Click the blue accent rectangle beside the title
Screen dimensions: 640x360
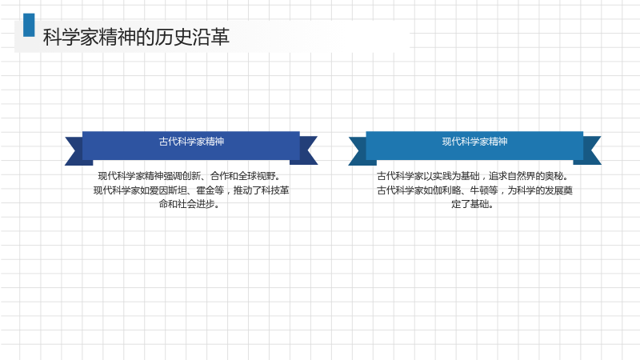click(29, 25)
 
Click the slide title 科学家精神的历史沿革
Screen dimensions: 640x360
click(136, 37)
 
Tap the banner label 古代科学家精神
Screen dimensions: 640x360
click(191, 142)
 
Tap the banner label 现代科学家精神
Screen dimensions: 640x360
click(474, 142)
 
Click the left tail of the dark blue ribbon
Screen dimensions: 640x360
click(75, 150)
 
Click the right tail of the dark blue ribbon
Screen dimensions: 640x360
click(306, 150)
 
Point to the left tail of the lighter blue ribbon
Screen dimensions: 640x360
click(359, 150)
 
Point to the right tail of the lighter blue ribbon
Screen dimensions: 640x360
click(590, 150)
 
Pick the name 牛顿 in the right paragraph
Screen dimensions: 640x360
click(479, 190)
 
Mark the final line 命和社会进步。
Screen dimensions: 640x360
click(190, 204)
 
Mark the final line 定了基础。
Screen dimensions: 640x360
click(473, 204)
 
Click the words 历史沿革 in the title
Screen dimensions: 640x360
click(192, 37)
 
